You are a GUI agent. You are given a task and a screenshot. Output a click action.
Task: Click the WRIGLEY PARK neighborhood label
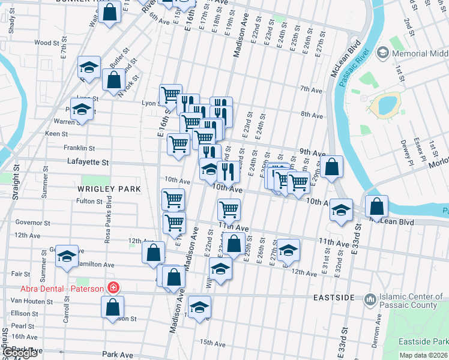[x=109, y=189]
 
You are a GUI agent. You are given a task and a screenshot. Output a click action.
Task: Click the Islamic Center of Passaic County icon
[x=370, y=298]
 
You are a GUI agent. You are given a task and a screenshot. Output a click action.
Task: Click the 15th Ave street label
[x=212, y=343]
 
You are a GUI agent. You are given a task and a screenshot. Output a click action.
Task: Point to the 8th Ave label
[x=312, y=115]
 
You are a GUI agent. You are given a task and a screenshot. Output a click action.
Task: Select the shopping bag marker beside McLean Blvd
[x=376, y=206]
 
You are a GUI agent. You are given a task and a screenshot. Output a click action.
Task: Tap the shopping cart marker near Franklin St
[x=178, y=144]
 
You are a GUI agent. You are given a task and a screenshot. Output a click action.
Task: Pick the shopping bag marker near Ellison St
[x=113, y=307]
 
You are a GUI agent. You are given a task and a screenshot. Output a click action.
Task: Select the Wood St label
[x=43, y=43]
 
